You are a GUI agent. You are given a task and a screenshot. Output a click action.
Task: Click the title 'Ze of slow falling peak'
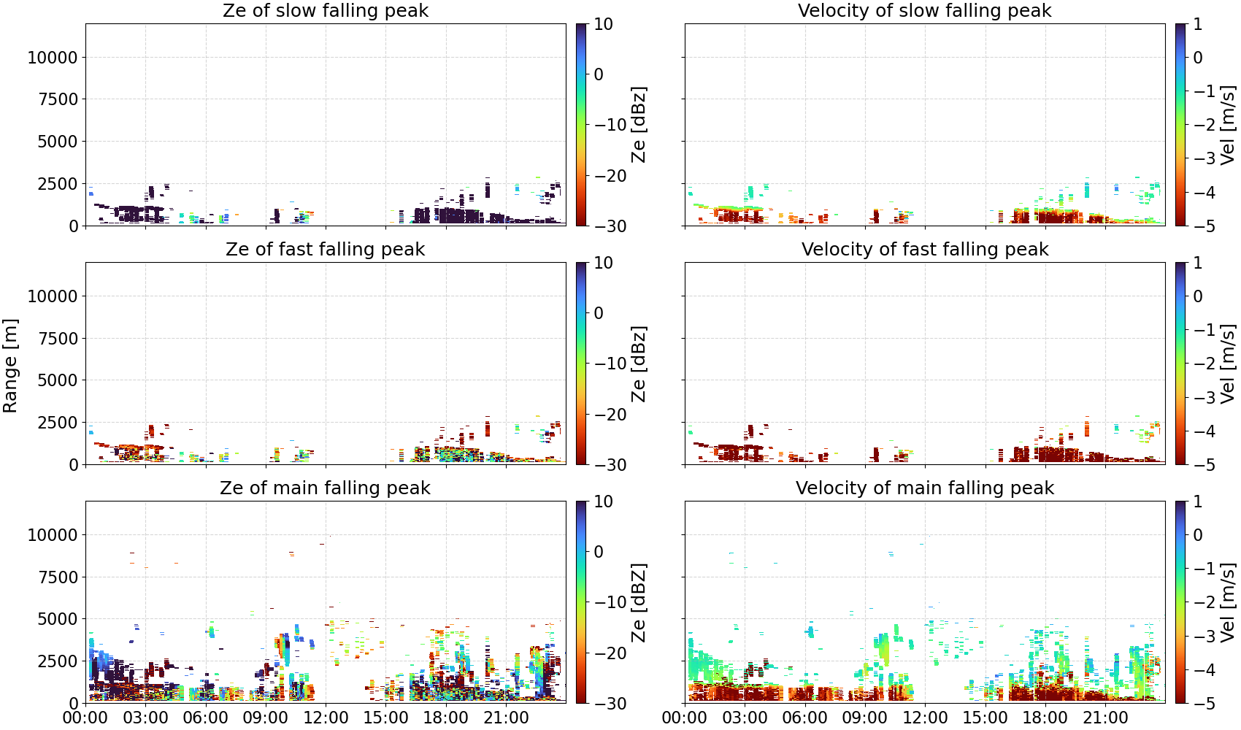coord(325,10)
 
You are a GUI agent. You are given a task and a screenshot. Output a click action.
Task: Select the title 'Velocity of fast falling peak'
coord(925,249)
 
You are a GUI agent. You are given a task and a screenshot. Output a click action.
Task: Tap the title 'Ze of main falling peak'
coord(325,488)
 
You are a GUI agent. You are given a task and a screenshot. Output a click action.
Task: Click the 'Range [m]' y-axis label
coord(10,366)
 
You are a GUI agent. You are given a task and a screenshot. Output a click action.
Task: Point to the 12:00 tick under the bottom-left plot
coord(326,718)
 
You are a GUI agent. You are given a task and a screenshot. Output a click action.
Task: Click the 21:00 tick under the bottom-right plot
coord(1105,718)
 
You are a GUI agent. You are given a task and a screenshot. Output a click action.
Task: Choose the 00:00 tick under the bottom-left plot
coord(85,718)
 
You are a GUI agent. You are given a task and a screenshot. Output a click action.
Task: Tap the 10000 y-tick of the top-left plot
coord(53,57)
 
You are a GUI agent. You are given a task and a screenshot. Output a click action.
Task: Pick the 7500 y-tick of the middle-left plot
coord(58,338)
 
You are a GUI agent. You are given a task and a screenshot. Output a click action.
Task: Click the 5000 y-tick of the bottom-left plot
coord(58,618)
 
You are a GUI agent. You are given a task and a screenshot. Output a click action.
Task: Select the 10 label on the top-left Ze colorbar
coord(603,24)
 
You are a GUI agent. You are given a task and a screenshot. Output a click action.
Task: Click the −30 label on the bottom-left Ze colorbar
coord(610,704)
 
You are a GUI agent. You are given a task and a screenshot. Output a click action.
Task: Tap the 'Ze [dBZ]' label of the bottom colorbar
coord(639,602)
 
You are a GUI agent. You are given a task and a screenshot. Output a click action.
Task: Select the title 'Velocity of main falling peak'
coord(925,488)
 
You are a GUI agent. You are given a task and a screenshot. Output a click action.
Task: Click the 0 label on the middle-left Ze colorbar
coord(599,313)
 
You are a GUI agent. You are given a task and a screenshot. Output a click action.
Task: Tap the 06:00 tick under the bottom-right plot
coord(805,718)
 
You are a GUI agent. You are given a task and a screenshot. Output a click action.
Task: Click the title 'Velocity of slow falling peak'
coord(925,10)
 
